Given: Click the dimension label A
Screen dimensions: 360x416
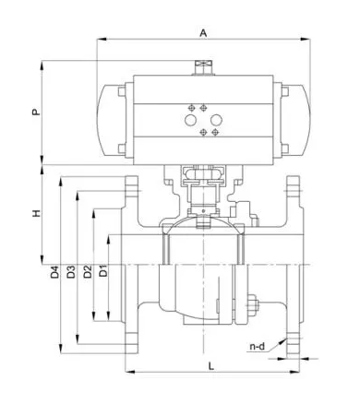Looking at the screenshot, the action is (x=203, y=32).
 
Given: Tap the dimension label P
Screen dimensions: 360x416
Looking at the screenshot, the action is (x=36, y=112).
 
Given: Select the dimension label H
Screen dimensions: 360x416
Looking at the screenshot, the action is (x=36, y=213).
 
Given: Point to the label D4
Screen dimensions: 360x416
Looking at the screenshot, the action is (x=54, y=271).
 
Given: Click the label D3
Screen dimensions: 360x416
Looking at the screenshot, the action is (x=71, y=271).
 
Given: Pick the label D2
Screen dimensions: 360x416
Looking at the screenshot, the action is (x=88, y=271).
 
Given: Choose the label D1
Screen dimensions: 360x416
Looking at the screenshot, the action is (x=104, y=270).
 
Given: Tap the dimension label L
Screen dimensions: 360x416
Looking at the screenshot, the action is (x=211, y=366).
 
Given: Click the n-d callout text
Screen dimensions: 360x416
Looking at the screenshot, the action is (x=257, y=347).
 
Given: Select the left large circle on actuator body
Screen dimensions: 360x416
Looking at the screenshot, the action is (x=190, y=120).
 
